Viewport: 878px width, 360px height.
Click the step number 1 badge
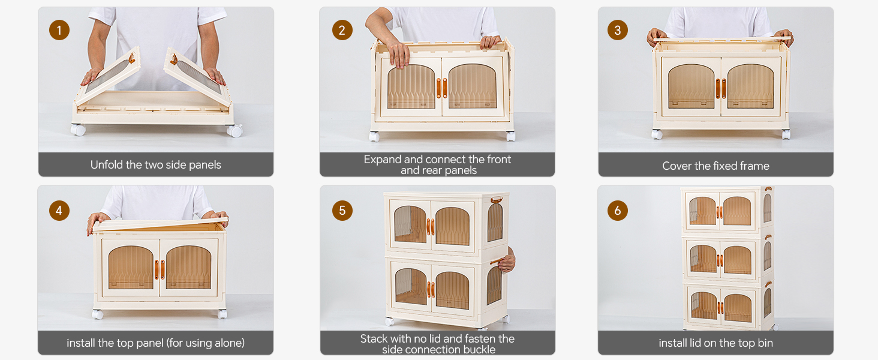pyautogui.click(x=59, y=30)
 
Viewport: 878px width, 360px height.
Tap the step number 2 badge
pyautogui.click(x=342, y=30)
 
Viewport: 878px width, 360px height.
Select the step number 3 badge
pyautogui.click(x=618, y=30)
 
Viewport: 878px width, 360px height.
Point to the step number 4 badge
pyautogui.click(x=59, y=211)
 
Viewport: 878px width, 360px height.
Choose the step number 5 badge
pyautogui.click(x=342, y=211)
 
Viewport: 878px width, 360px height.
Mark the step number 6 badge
pyautogui.click(x=618, y=211)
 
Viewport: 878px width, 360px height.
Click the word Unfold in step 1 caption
pyautogui.click(x=107, y=165)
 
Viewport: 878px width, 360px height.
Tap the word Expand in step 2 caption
pyautogui.click(x=383, y=160)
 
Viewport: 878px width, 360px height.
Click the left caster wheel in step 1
pyautogui.click(x=79, y=130)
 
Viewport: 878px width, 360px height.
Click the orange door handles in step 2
pyautogui.click(x=442, y=88)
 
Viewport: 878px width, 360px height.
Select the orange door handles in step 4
pyautogui.click(x=159, y=269)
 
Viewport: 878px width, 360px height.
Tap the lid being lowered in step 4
pyautogui.click(x=159, y=224)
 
